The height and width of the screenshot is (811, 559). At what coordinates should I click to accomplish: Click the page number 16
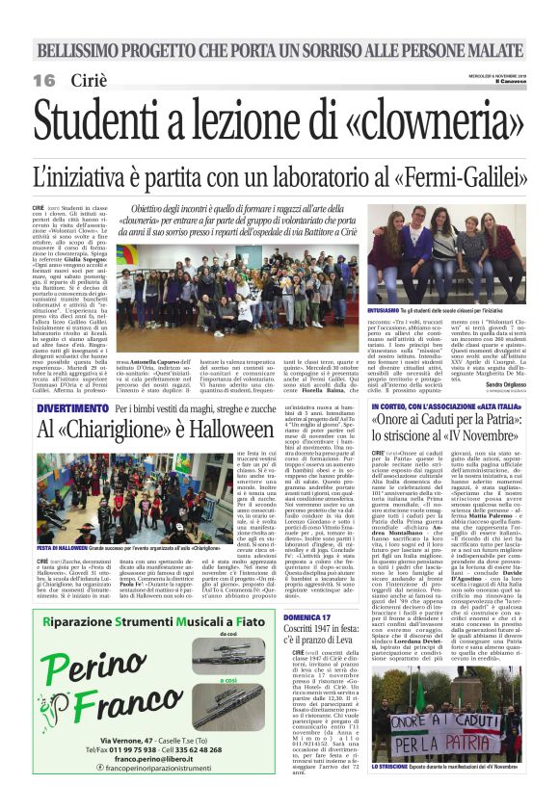(43, 80)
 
